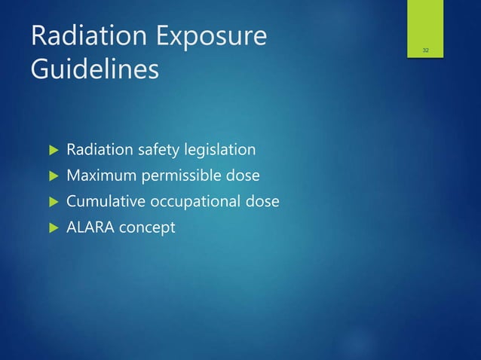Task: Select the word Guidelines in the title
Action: [95, 69]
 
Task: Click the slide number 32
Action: [426, 50]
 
